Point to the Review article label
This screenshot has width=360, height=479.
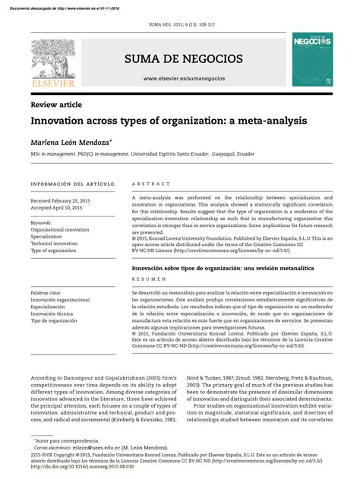click(x=56, y=104)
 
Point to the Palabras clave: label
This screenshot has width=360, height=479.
click(x=46, y=292)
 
